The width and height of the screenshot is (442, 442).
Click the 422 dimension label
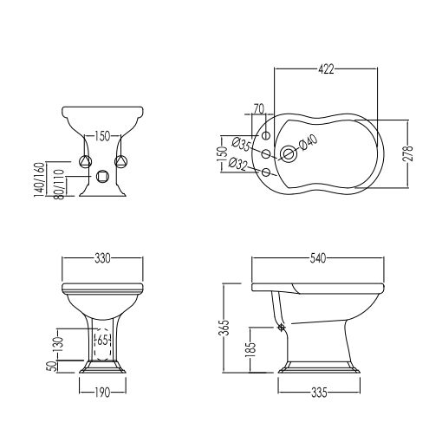pos(326,69)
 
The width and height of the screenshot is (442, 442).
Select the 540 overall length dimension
pos(317,258)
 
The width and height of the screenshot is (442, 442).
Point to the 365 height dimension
pos(224,327)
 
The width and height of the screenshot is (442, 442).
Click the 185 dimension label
pos(250,350)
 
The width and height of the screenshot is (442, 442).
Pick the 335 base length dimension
pos(319,393)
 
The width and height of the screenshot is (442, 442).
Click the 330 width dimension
pos(102,258)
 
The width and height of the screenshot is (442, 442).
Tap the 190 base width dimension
pos(102,393)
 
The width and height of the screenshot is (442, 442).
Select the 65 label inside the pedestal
pos(102,340)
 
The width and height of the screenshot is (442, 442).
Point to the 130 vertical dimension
pos(59,344)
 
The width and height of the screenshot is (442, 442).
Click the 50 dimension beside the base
pos(50,366)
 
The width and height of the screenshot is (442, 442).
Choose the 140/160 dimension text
pos(39,179)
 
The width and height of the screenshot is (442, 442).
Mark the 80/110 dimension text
pos(59,184)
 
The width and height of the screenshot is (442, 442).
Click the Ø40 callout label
pos(309,142)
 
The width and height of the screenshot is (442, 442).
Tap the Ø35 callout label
pos(241,144)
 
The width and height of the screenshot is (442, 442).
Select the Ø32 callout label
pos(238,164)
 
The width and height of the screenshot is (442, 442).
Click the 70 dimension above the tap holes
pos(259,109)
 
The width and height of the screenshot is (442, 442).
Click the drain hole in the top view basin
pos(288,153)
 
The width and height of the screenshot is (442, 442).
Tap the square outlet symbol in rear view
pos(102,176)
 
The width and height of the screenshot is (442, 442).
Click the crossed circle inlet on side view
pos(282,327)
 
